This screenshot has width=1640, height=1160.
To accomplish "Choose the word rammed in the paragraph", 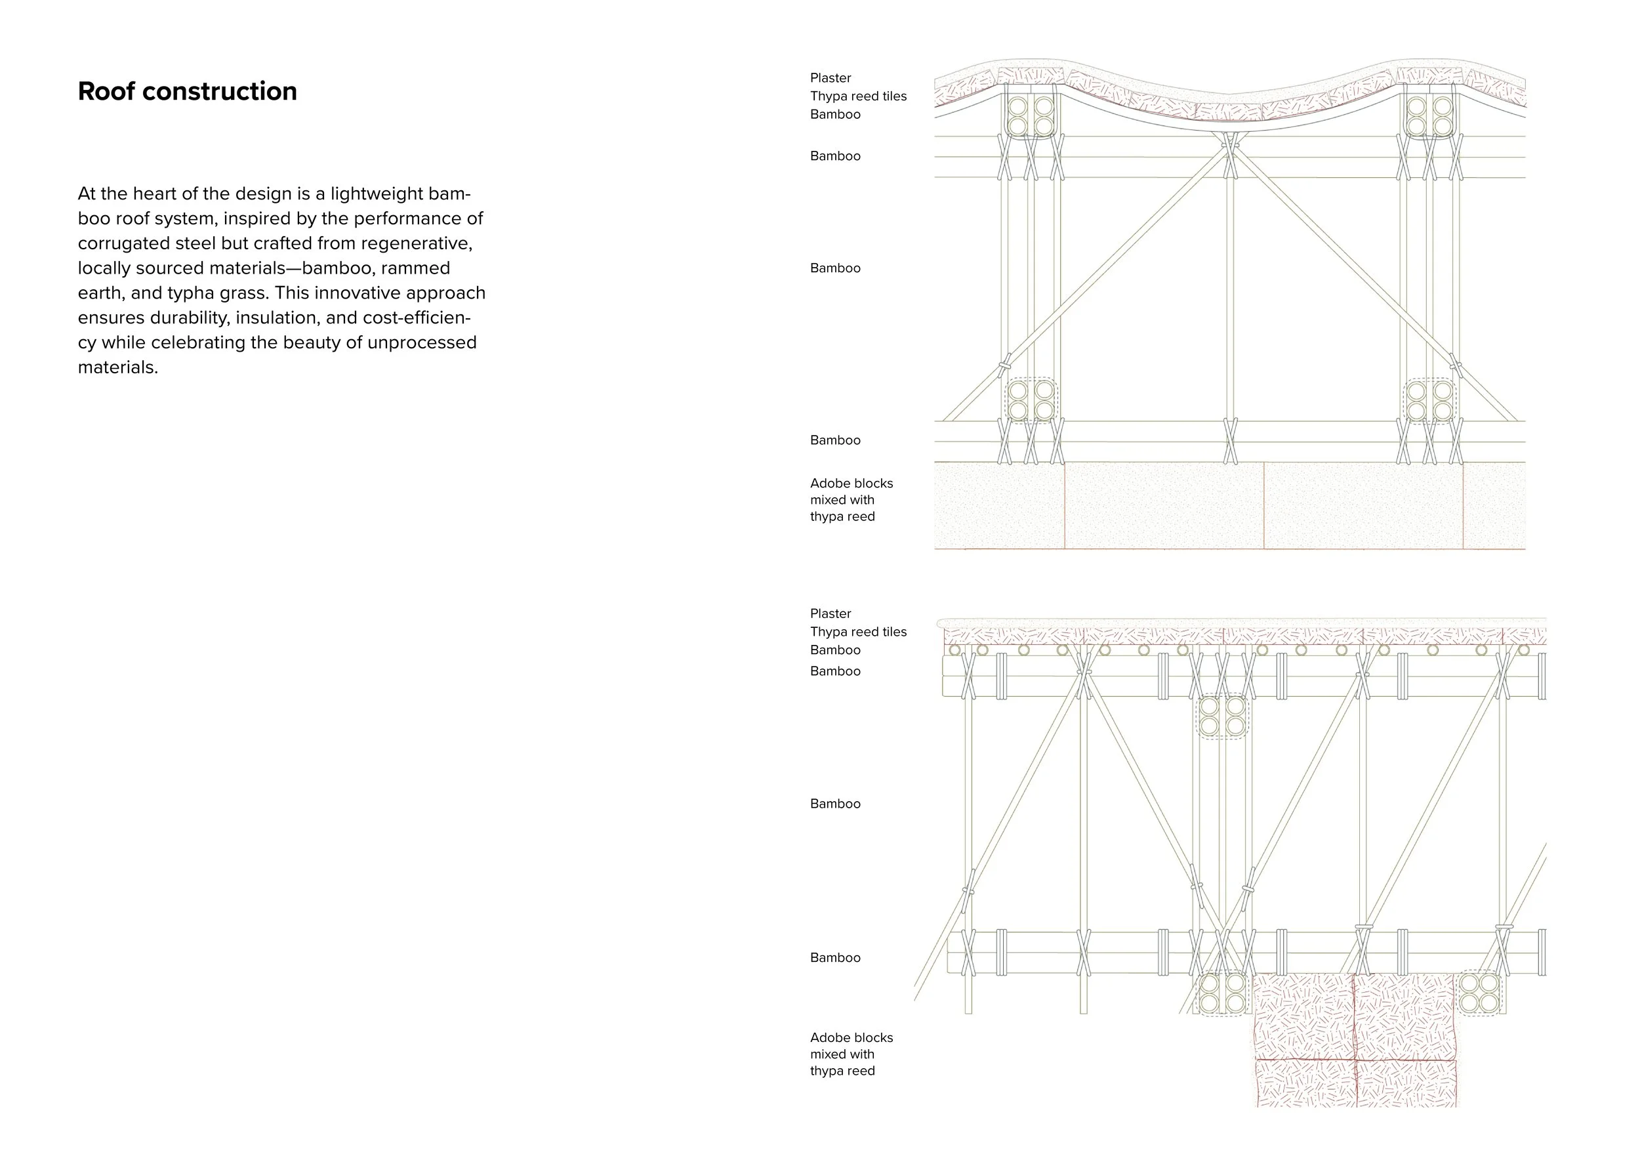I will (415, 268).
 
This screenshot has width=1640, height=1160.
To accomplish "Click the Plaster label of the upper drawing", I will (830, 78).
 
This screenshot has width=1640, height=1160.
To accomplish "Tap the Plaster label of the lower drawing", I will (830, 613).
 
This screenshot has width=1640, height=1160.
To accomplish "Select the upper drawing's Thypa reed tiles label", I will (858, 96).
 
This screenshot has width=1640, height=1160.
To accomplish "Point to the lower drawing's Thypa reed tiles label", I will (858, 632).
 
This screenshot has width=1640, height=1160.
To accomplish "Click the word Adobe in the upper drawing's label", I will (828, 484).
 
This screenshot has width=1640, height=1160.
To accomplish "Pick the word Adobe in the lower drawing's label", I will (828, 1038).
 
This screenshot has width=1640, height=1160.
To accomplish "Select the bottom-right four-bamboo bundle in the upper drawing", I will (1429, 401).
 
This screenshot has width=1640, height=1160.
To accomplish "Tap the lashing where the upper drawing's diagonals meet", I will (1230, 143).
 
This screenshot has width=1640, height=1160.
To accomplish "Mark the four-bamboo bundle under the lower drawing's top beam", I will (1222, 716).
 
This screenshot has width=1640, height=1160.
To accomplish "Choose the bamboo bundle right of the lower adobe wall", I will (1479, 993).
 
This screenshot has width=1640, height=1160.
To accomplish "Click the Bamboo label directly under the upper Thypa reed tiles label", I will (835, 115).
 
